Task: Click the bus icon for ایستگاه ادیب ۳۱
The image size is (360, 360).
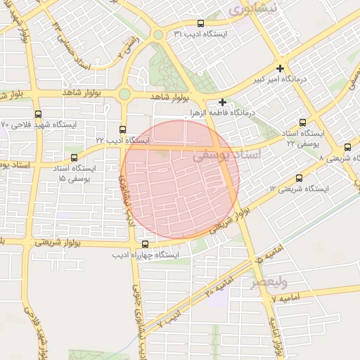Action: click(x=200, y=23)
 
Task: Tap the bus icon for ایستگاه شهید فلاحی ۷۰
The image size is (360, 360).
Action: click(x=38, y=113)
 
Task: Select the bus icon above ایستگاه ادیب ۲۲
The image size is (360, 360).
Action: click(x=123, y=129)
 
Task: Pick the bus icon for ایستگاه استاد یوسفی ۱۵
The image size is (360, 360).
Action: click(x=75, y=157)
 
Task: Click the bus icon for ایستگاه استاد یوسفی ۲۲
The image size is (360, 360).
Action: click(x=303, y=122)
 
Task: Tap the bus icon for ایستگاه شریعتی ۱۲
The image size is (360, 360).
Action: click(x=300, y=178)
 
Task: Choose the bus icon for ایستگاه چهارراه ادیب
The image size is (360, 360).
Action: click(x=145, y=244)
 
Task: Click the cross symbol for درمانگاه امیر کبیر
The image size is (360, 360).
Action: click(x=281, y=68)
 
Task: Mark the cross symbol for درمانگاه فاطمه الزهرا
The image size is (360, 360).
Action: click(x=223, y=102)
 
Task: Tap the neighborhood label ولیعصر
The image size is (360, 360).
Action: click(x=270, y=283)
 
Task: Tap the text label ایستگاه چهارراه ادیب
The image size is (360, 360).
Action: click(x=146, y=255)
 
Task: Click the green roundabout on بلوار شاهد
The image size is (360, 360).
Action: click(x=124, y=94)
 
